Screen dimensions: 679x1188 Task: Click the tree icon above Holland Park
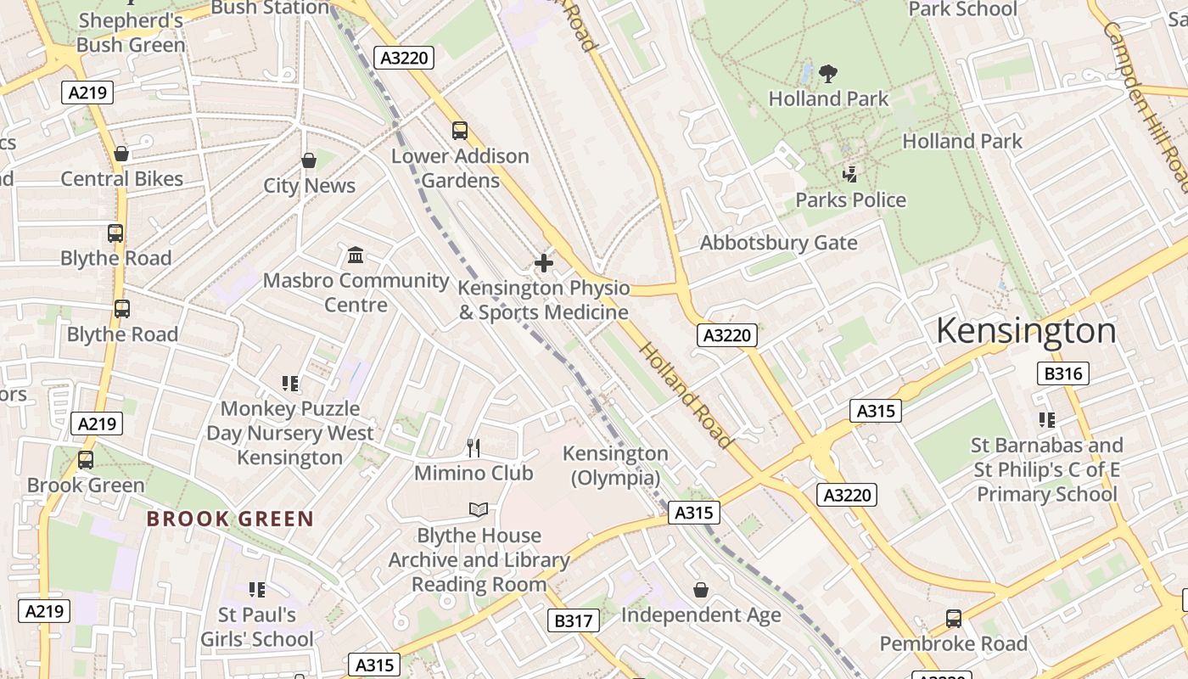828,74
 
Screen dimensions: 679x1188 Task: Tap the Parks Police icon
849,175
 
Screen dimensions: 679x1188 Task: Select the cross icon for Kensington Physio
544,263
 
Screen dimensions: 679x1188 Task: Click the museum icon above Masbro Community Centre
356,255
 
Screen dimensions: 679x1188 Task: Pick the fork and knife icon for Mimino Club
474,448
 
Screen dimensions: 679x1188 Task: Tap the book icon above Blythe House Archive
479,509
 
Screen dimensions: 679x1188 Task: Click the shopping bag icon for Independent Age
701,589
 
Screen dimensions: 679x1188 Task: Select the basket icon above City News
309,160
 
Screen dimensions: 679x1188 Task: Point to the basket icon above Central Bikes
121,154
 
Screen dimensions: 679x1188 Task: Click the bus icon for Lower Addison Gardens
460,131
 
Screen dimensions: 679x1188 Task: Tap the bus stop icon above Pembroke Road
954,619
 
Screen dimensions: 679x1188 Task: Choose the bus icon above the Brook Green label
86,460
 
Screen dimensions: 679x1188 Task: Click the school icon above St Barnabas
1046,419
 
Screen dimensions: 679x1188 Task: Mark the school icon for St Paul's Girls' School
256,589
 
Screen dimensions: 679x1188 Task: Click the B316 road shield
1062,373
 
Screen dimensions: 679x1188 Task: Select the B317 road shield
573,620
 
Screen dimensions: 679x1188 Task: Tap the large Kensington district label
1026,331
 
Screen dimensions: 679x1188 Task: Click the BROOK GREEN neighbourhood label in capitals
230,519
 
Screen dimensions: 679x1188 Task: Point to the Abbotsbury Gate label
778,243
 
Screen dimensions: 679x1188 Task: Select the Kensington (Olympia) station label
615,466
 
